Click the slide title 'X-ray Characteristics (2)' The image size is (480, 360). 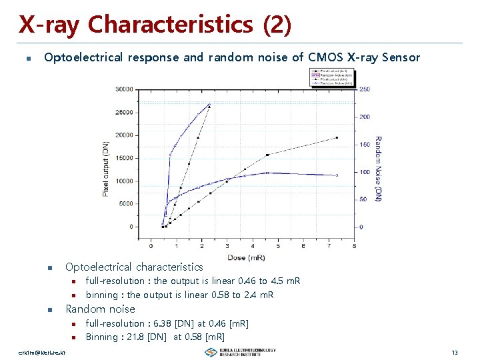tap(155, 25)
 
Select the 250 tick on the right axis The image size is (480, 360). tap(365, 89)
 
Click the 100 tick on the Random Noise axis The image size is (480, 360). tap(365, 172)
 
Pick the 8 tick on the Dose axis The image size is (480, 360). tap(353, 246)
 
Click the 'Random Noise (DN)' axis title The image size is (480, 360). tap(378, 169)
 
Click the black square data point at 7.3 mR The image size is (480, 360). tap(337, 137)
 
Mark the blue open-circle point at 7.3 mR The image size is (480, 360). tap(337, 175)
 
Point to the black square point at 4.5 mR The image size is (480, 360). tap(267, 155)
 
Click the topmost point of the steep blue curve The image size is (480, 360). tap(209, 104)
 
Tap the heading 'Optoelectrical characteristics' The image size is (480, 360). tap(134, 267)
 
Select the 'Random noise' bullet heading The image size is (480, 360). tap(100, 309)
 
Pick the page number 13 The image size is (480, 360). tap(454, 351)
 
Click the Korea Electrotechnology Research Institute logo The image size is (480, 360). tap(240, 352)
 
